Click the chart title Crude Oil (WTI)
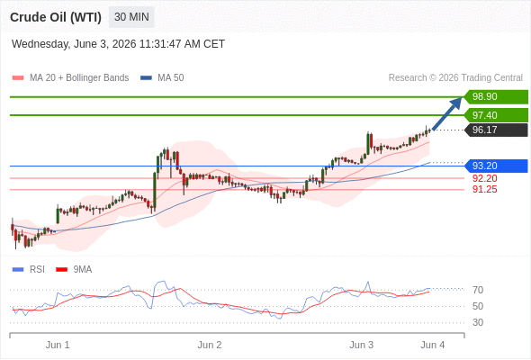56,17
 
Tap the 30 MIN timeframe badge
131,17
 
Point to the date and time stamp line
118,44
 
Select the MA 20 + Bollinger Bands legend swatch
18,78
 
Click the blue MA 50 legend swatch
146,78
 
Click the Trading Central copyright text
455,78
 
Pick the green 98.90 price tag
496,97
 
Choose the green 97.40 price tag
496,115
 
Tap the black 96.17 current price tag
496,130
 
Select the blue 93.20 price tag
496,166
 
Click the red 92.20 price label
485,178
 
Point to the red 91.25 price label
485,189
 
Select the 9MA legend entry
74,270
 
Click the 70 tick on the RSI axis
478,290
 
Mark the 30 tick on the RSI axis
478,322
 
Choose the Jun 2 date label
210,345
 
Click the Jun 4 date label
433,345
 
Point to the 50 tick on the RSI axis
478,306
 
